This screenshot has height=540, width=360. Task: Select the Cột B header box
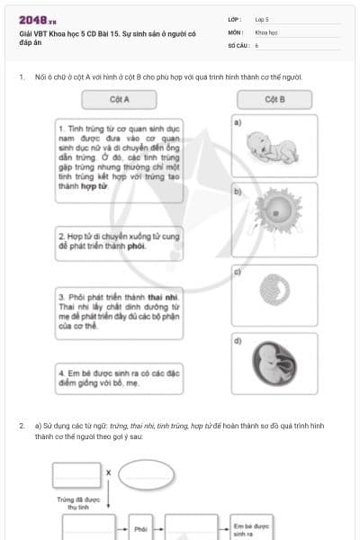click(275, 97)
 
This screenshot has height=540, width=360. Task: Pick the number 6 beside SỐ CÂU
click(257, 44)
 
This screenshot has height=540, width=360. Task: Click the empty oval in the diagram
click(146, 473)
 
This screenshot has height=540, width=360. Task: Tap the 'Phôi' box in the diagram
click(140, 529)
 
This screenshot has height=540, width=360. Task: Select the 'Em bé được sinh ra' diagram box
click(249, 529)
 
